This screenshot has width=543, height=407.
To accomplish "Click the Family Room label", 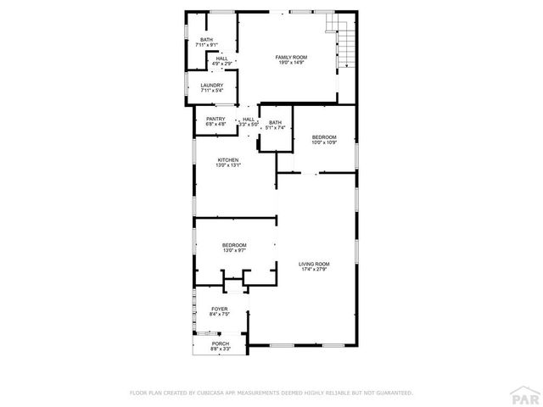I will pos(290,57).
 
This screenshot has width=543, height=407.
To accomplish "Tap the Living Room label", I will pos(313,265).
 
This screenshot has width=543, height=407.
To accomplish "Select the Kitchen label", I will pos(227,159).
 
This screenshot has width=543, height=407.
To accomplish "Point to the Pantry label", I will pos(216,119).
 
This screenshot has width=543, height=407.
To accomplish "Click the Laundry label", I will pos(211,85).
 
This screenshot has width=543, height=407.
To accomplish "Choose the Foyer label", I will pos(220,309).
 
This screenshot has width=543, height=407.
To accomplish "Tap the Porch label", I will pos(220,343).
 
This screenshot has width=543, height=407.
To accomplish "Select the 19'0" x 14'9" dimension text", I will pos(290,63).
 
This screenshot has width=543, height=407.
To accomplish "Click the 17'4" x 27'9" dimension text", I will pos(313,270).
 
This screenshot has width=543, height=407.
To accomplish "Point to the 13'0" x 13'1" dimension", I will pos(227,165).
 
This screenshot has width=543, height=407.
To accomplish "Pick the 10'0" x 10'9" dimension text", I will pos(324,142).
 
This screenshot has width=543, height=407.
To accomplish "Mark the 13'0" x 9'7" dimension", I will pos(235,251).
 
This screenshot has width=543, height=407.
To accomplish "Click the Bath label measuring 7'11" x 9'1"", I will pos(207,40).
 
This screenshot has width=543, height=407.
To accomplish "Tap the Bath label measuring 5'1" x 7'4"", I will pos(275,122).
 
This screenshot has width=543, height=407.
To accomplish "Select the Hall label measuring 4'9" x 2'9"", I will pos(221,59).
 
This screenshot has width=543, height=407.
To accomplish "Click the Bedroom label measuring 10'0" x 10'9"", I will pos(324,137).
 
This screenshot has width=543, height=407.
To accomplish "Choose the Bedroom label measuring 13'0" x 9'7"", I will pos(235,245).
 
